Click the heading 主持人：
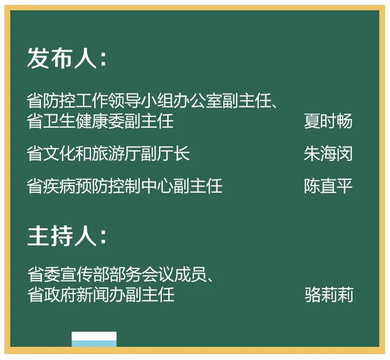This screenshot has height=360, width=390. click(67, 236)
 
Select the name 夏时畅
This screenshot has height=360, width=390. click(328, 121)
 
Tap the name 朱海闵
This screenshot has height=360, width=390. click(328, 154)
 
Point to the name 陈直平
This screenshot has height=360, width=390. click(328, 186)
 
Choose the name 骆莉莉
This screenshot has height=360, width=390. click(329, 295)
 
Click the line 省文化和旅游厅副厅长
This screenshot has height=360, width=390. click(108, 154)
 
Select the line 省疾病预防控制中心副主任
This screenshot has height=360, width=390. click(125, 186)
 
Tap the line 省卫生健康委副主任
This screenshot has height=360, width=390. click(100, 121)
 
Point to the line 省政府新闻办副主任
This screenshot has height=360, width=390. click(101, 295)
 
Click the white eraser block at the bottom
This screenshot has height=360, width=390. click(94, 336)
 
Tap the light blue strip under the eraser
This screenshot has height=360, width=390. click(94, 344)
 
